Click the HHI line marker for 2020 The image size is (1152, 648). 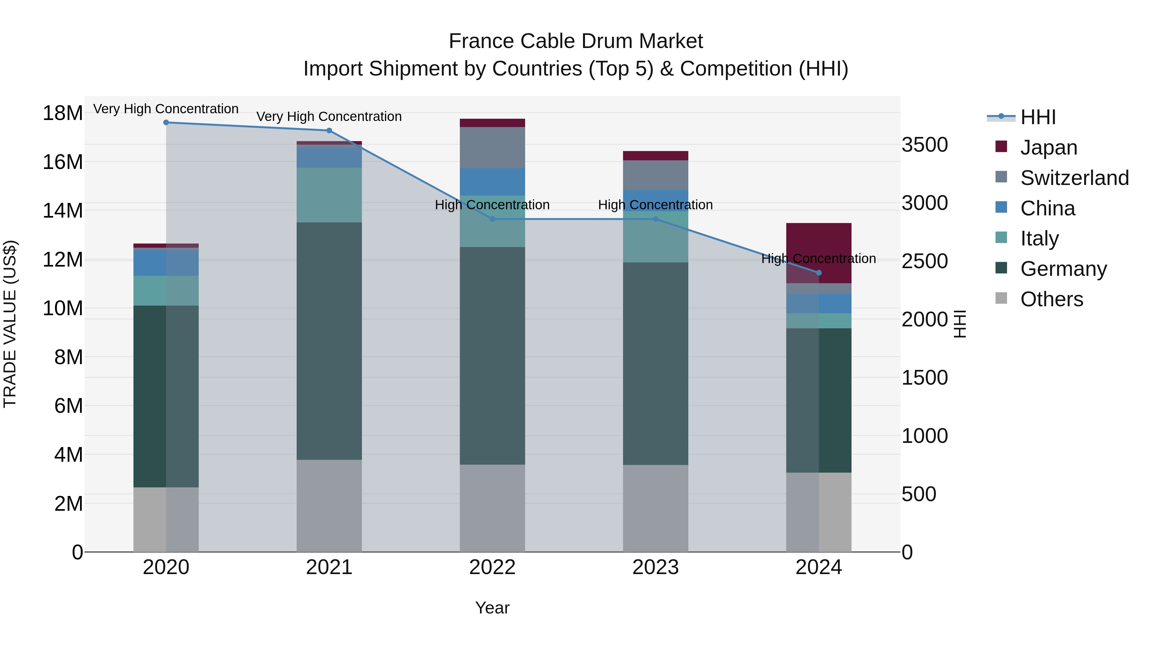click(x=166, y=123)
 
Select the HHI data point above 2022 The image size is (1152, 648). click(x=492, y=219)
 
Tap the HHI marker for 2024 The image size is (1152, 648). click(x=819, y=273)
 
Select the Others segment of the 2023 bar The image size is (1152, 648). click(x=656, y=508)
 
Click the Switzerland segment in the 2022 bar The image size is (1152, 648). click(x=492, y=148)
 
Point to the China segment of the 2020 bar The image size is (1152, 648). click(x=166, y=263)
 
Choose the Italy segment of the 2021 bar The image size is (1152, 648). click(x=329, y=195)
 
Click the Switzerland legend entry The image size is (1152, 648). click(x=1074, y=178)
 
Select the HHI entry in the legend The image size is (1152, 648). click(x=1037, y=117)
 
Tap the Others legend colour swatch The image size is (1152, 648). click(x=1001, y=298)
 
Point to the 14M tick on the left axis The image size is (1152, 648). click(x=63, y=211)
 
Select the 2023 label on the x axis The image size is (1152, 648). click(x=656, y=567)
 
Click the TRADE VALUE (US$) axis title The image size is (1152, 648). click(x=10, y=324)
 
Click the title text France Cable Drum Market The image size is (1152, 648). click(x=576, y=41)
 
